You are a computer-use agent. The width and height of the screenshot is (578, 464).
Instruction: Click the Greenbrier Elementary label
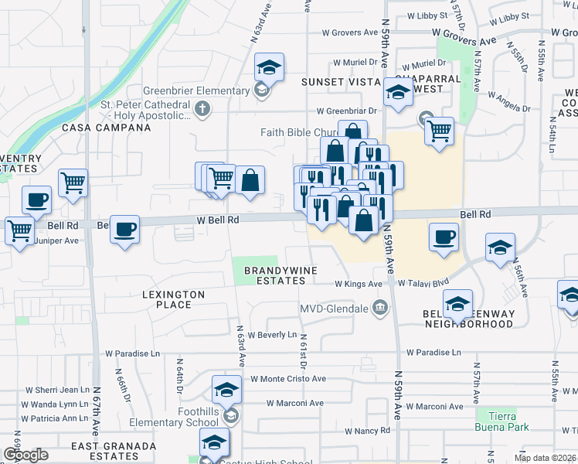[x=195, y=90]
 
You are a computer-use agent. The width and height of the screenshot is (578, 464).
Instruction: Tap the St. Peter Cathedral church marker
[x=203, y=107]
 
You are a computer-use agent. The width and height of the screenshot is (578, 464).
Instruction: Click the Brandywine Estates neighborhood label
[x=275, y=275]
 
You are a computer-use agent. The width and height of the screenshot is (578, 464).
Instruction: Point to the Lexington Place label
[x=173, y=299]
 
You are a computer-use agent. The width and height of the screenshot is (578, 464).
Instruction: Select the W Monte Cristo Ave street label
[x=288, y=380]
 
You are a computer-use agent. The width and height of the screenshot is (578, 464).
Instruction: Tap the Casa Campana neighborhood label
[x=93, y=127]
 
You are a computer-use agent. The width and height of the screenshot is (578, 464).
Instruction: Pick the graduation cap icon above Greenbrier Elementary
[x=269, y=67]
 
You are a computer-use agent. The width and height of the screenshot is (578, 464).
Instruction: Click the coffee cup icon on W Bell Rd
[x=124, y=229]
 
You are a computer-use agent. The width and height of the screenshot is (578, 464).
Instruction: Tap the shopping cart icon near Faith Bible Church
[x=439, y=131]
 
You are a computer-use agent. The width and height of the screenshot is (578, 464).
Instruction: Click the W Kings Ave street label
[x=359, y=284]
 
